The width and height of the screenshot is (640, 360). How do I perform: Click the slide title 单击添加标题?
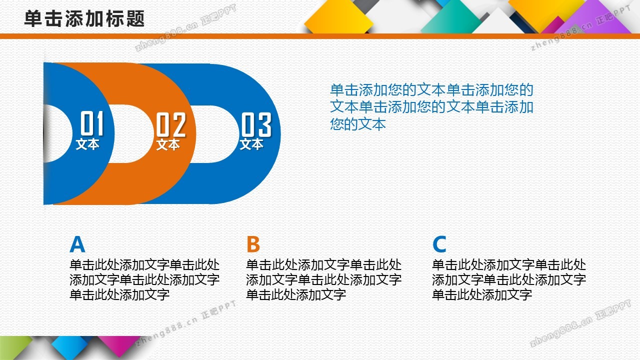coord(84,19)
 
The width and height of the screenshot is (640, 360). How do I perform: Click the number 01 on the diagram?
coord(91,123)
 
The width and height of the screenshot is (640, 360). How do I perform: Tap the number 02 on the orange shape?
coord(171,124)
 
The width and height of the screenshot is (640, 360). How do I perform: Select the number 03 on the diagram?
coord(256,124)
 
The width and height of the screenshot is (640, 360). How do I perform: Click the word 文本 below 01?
coord(87,144)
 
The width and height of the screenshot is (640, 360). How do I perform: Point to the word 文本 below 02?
coord(168,144)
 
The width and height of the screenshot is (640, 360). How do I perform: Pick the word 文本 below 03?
coord(251,144)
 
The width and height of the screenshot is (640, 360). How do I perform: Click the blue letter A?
coord(77,244)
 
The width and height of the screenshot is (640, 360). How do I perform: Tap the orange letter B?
coord(253,244)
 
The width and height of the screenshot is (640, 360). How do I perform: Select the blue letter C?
coord(439,244)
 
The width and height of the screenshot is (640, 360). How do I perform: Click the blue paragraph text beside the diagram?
coord(431,107)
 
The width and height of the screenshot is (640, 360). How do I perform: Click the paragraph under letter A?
coord(144,279)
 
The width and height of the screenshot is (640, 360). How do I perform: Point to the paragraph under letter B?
coord(323,279)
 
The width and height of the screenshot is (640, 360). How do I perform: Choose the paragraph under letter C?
coord(509,279)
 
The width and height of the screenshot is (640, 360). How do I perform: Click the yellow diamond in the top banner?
coord(338,17)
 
